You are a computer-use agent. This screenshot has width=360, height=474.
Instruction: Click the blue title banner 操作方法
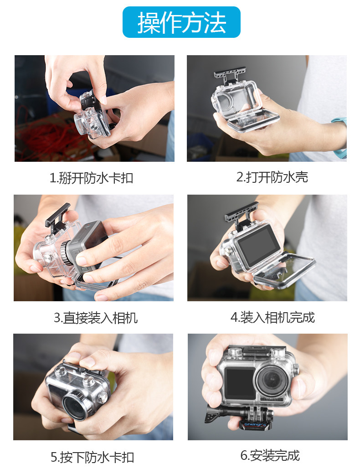tap(181, 22)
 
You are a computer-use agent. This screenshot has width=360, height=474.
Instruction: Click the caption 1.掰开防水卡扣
tap(91, 178)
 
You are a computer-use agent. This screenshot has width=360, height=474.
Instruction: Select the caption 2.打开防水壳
tap(272, 177)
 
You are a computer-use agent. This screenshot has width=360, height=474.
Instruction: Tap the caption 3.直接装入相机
tap(96, 318)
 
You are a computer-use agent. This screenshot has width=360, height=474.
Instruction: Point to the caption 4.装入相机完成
tap(273, 317)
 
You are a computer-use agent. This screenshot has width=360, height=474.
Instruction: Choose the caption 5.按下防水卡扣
tap(92, 457)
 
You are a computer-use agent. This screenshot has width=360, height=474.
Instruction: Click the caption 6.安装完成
tap(270, 455)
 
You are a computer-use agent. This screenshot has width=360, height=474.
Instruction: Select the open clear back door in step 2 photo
tap(253, 119)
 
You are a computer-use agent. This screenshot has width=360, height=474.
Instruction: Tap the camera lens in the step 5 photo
tap(75, 408)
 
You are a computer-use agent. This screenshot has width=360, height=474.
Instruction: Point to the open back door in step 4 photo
tap(284, 270)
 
